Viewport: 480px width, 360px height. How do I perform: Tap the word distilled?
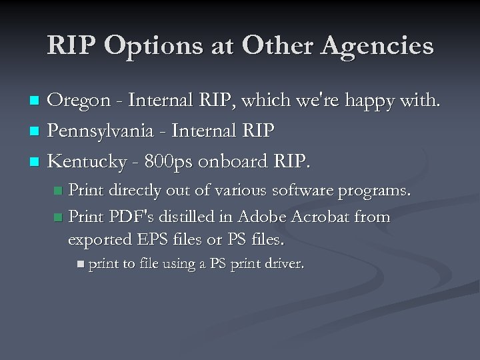(x=185, y=217)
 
